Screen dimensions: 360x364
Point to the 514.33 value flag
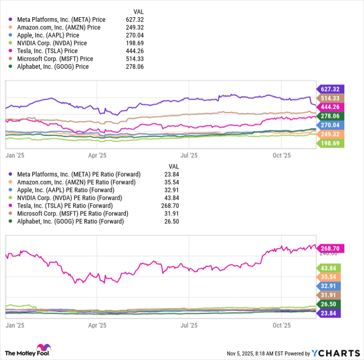tap(330, 98)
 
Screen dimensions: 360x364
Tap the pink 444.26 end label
tap(330, 107)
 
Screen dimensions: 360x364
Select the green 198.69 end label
tap(330, 143)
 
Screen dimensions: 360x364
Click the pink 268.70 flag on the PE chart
tap(330, 249)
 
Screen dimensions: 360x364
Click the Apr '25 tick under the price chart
tap(97, 155)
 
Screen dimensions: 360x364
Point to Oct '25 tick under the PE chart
tap(281, 325)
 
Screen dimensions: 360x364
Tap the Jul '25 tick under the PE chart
tap(189, 325)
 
